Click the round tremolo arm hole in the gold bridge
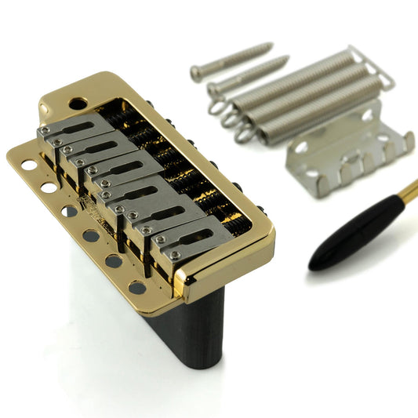[x=77, y=103]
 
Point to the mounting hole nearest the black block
[x=136, y=287]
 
